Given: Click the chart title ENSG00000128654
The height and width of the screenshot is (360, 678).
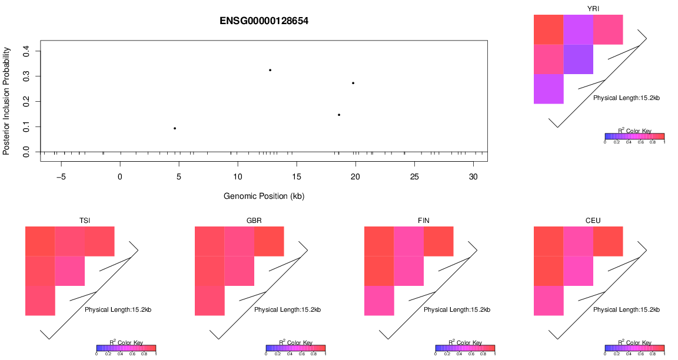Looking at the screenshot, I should click(x=264, y=21).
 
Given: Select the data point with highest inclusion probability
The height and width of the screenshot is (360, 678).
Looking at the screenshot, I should click(x=270, y=70).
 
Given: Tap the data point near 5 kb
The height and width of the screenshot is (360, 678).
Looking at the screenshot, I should click(x=175, y=128).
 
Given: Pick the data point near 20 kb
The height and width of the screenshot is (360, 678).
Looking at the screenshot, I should click(x=353, y=83).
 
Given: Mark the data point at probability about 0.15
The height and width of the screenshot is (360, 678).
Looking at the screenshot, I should click(x=339, y=115).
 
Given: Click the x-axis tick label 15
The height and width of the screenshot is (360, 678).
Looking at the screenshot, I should click(x=297, y=177).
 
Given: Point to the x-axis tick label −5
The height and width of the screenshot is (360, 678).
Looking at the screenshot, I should click(x=61, y=177).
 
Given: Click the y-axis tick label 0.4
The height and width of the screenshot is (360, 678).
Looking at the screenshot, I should click(x=26, y=51).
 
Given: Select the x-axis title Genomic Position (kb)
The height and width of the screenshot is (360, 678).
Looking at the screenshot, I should click(x=264, y=196).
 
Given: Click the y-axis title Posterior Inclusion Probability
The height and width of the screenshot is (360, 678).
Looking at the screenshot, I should click(x=6, y=101).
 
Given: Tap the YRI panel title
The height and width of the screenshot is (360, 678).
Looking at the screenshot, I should click(x=593, y=8).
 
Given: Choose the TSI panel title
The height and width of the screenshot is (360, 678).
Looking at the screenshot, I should click(x=85, y=221).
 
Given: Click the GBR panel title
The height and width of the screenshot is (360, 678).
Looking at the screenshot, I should click(x=254, y=221).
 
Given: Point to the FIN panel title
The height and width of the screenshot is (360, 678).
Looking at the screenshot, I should click(x=424, y=221).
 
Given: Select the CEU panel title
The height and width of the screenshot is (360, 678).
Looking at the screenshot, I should click(x=593, y=221).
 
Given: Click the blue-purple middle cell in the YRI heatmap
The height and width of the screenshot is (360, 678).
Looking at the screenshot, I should click(x=579, y=59).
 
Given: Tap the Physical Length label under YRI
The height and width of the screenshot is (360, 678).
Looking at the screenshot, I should click(x=627, y=98).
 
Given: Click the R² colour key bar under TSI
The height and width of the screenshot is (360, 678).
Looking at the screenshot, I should click(x=126, y=348).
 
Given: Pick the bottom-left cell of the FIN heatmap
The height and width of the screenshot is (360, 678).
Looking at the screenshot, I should click(x=380, y=301).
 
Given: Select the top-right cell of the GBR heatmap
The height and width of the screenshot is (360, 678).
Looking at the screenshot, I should click(x=269, y=241).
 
